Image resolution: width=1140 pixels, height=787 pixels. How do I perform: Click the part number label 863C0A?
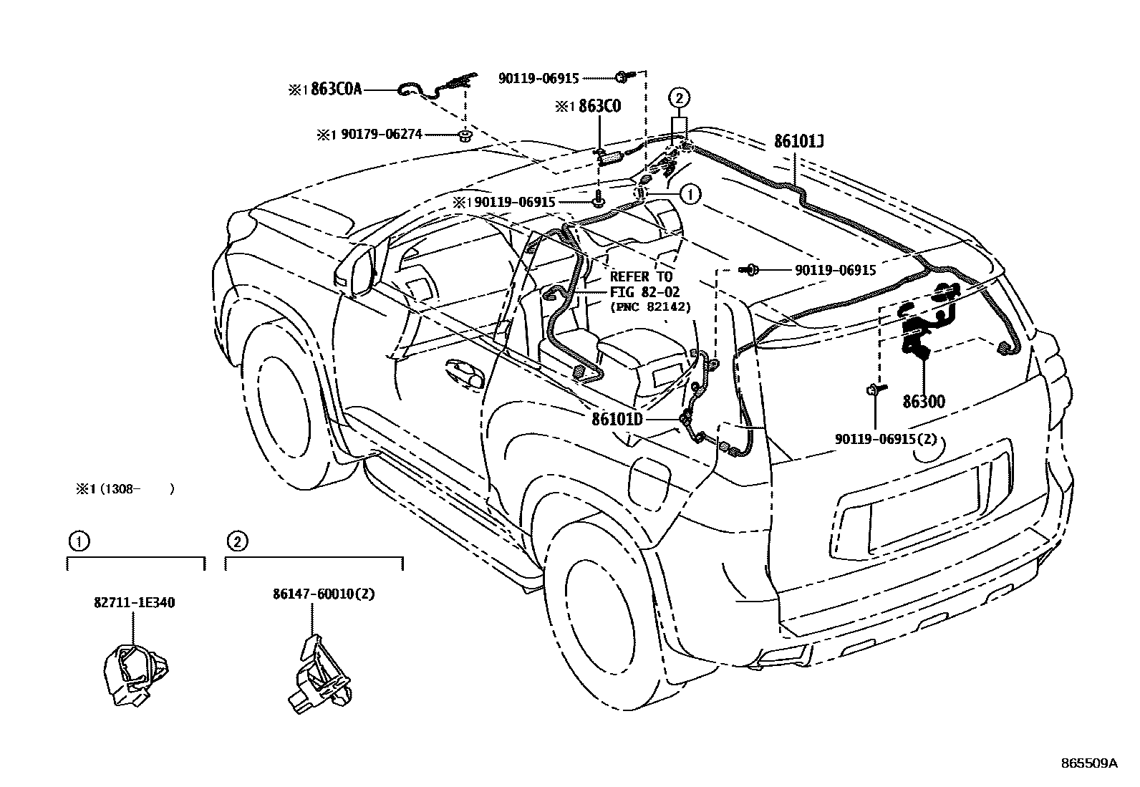[x=337, y=90]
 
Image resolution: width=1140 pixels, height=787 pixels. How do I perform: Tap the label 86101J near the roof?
[x=798, y=142]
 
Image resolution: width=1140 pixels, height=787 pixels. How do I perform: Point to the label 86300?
[x=923, y=402]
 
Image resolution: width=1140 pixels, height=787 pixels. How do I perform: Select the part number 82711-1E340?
[x=134, y=602]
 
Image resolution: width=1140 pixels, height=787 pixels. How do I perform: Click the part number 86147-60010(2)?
[x=314, y=594]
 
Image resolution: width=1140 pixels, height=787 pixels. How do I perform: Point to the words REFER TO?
[x=641, y=276]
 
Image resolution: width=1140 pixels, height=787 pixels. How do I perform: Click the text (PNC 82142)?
[x=649, y=307]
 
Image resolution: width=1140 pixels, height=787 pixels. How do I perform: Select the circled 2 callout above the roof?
[x=679, y=97]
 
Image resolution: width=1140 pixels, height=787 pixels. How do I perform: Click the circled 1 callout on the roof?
[x=689, y=193]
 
